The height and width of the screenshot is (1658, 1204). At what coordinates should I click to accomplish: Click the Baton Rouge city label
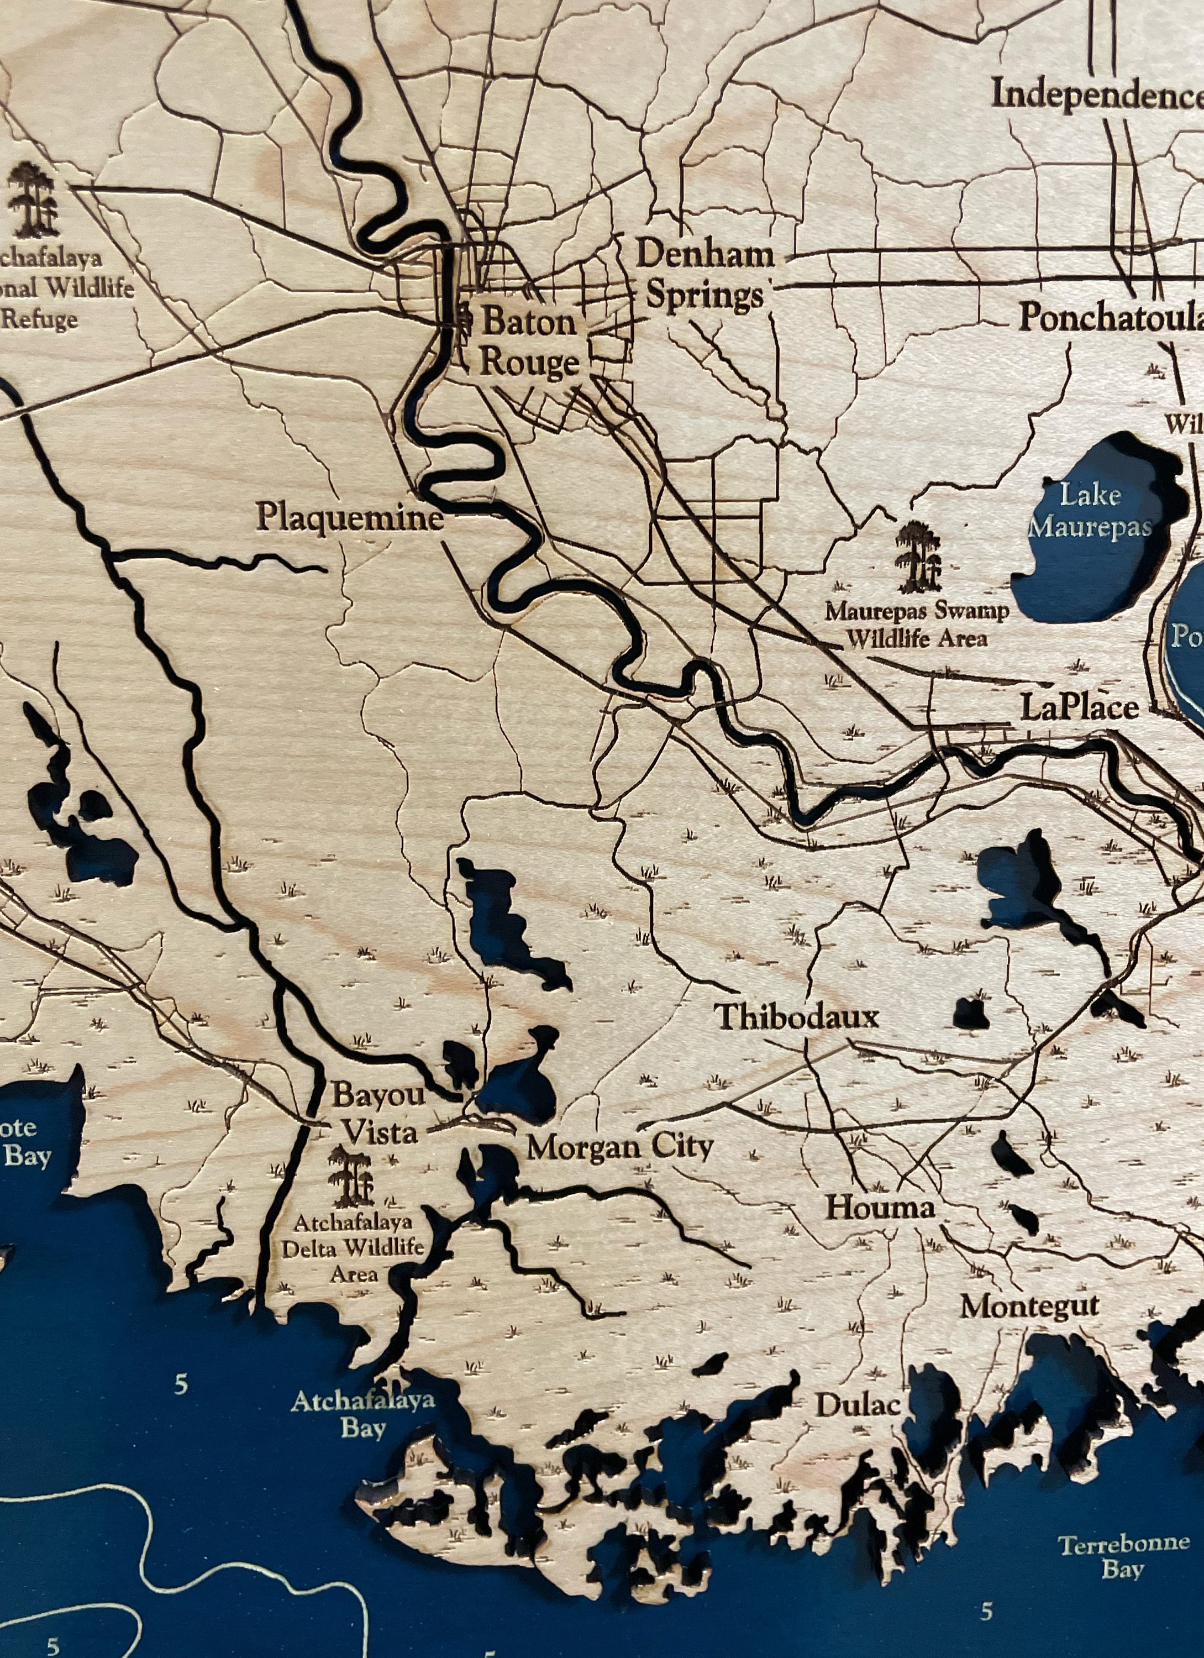pyautogui.click(x=528, y=342)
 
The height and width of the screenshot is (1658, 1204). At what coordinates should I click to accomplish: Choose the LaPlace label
pyautogui.click(x=1079, y=707)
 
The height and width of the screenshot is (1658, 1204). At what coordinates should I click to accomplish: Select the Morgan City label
pyautogui.click(x=619, y=1147)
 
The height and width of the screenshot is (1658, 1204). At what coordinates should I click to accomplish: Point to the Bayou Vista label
pyautogui.click(x=378, y=1114)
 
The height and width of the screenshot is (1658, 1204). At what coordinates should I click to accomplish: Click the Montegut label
pyautogui.click(x=1029, y=1305)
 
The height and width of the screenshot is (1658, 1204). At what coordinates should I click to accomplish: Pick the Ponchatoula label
pyautogui.click(x=1110, y=317)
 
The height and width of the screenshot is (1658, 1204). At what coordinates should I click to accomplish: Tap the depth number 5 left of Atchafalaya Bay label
pyautogui.click(x=181, y=1383)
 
